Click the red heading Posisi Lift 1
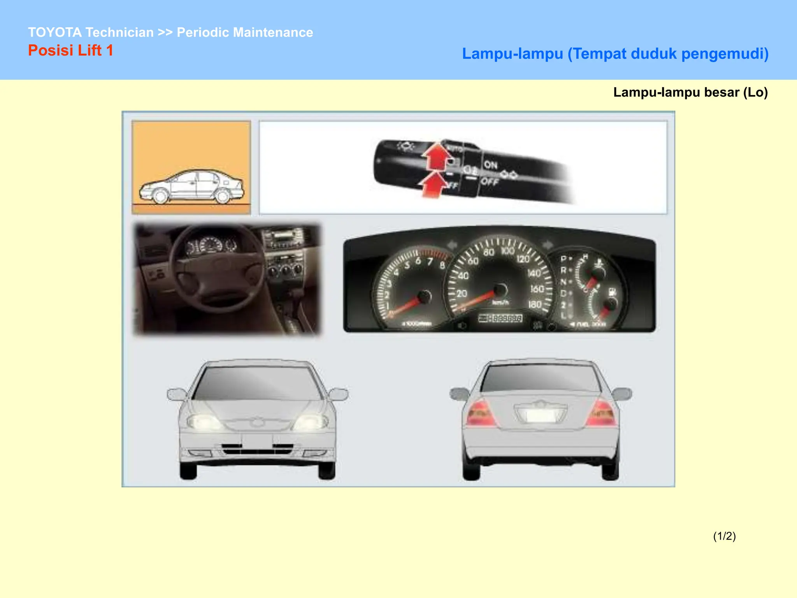[x=70, y=51]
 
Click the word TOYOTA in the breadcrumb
[x=54, y=32]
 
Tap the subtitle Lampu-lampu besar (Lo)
[x=690, y=92]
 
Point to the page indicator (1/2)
[x=724, y=536]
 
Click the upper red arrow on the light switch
[x=437, y=156]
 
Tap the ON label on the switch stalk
[x=490, y=165]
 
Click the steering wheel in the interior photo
[x=218, y=269]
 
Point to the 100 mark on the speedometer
[x=507, y=251]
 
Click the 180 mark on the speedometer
[x=535, y=304]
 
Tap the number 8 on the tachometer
[x=442, y=266]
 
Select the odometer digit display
[x=500, y=318]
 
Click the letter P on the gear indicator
[x=563, y=259]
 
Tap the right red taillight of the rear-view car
[x=602, y=413]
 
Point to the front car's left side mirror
[x=176, y=394]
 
